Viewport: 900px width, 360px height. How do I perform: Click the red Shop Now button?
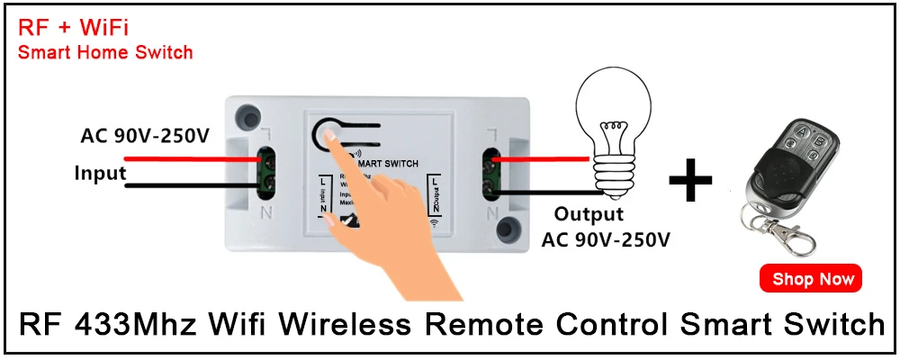click(x=812, y=279)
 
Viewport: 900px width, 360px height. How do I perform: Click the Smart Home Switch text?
click(x=105, y=52)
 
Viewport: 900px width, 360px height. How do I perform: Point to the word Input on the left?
click(x=100, y=172)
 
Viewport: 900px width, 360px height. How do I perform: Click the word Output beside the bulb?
click(x=588, y=214)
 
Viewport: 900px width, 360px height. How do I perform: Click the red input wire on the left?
click(x=180, y=159)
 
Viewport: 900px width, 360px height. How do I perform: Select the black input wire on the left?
click(x=180, y=187)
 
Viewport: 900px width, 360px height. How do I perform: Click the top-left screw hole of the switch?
click(x=243, y=117)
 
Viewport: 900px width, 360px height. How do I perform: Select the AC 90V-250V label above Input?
click(x=145, y=137)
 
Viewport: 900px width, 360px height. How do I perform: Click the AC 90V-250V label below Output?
click(x=606, y=238)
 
